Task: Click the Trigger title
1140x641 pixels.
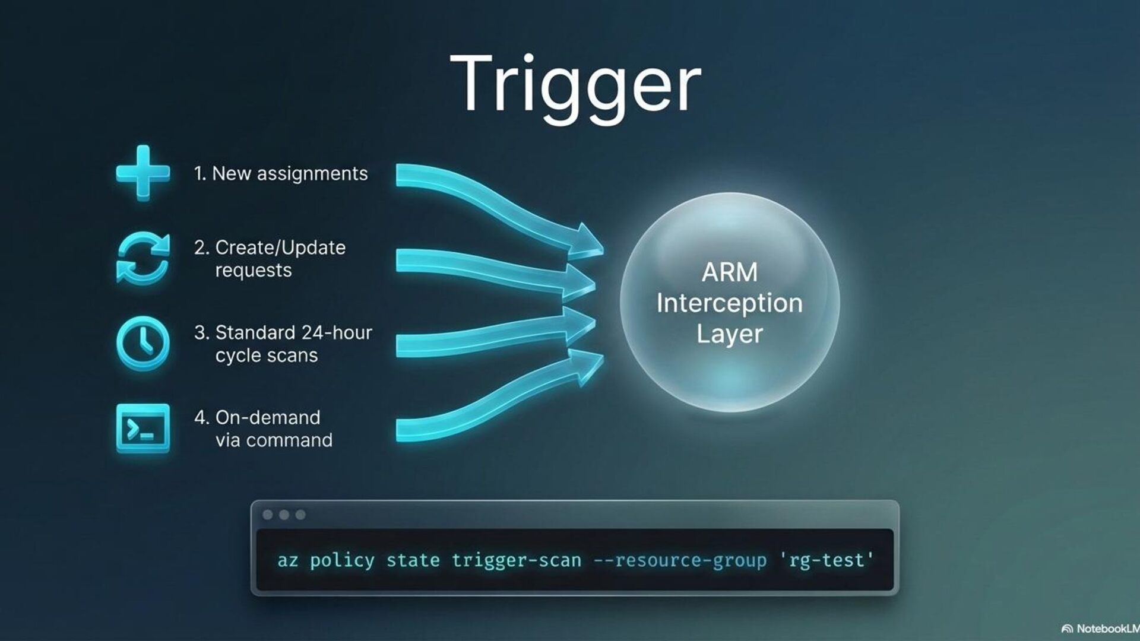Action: [575, 84]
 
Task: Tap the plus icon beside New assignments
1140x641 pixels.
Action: [142, 173]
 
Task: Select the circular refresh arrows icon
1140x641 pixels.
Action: [142, 258]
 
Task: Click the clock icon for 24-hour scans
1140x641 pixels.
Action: [142, 344]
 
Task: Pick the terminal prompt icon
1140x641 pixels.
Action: [142, 429]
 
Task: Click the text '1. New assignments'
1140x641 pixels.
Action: [281, 173]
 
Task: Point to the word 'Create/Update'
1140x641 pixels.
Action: [280, 247]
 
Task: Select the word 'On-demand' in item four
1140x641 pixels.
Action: [268, 417]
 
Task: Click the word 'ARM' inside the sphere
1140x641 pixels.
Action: [730, 272]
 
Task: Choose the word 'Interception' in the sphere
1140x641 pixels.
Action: [730, 303]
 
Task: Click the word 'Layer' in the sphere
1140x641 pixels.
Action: [730, 334]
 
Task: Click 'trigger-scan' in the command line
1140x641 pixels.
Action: [516, 560]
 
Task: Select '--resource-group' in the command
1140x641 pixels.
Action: [680, 560]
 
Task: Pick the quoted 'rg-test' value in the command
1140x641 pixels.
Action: [826, 560]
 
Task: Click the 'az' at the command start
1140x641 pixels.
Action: [287, 560]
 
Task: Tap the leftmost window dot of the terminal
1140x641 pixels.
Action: [268, 515]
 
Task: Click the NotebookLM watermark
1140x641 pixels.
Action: [1101, 629]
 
